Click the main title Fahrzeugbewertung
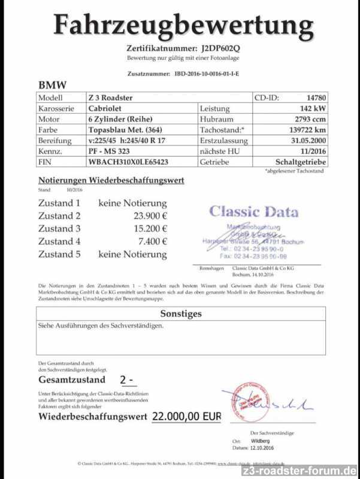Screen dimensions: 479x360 183,25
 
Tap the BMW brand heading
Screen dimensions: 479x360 53,85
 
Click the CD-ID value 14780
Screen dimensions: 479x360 316,98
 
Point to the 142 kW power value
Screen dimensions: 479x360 311,108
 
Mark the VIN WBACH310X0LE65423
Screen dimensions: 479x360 128,162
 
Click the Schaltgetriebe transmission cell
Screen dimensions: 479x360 301,162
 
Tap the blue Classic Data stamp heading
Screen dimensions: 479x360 253,211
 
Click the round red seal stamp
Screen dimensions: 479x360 244,402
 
